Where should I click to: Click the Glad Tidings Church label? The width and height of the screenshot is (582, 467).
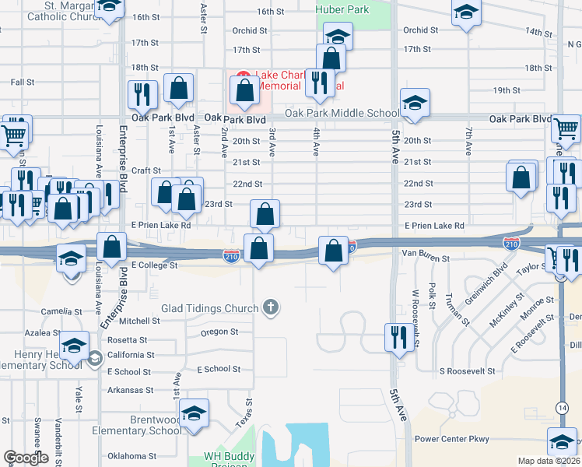(x=209, y=308)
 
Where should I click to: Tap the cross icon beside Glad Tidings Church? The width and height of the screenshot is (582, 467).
(x=271, y=307)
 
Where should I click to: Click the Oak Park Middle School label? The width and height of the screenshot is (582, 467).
(x=342, y=114)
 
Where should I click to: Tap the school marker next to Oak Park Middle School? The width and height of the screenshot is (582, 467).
(x=415, y=104)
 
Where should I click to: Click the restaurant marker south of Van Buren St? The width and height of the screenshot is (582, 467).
(x=396, y=338)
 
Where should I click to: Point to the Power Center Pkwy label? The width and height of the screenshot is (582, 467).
(x=452, y=439)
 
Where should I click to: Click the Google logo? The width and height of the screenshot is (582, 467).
(x=26, y=458)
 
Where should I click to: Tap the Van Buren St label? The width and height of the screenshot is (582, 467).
(x=421, y=253)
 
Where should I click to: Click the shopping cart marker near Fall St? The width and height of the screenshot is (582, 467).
(x=14, y=134)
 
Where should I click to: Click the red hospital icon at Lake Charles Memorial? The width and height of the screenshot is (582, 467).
(x=242, y=79)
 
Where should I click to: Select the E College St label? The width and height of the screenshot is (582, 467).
(x=155, y=265)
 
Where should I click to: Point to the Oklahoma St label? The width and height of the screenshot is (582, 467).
(x=131, y=456)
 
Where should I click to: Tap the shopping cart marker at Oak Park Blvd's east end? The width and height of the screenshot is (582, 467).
(x=566, y=129)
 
